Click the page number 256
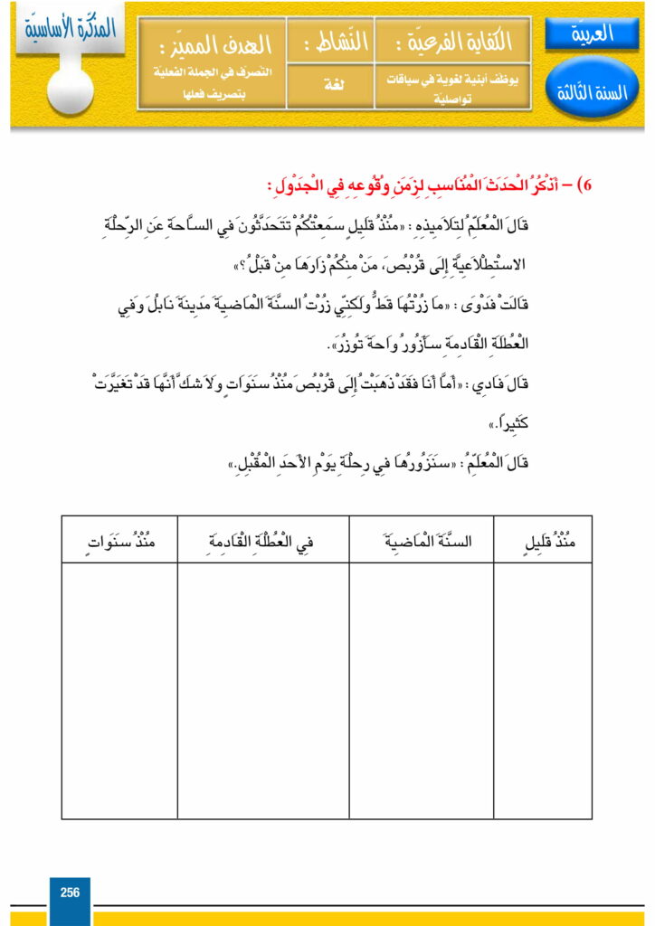70,893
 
